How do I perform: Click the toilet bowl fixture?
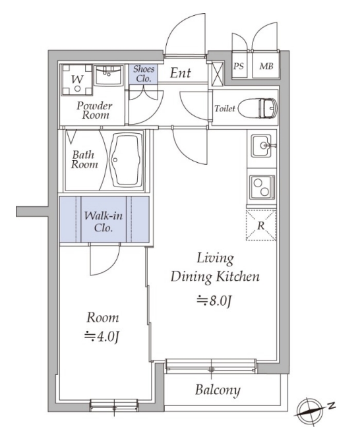pyautogui.click(x=257, y=108)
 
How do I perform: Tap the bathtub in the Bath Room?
pyautogui.click(x=126, y=160)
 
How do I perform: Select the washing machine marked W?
pyautogui.click(x=77, y=80)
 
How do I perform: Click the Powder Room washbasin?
pyautogui.click(x=108, y=75)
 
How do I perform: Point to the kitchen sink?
pyautogui.click(x=261, y=146)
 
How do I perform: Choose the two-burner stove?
pyautogui.click(x=262, y=187)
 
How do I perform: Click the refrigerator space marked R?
pyautogui.click(x=261, y=225)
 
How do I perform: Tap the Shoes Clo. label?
pyautogui.click(x=144, y=74)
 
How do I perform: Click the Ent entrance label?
pyautogui.click(x=181, y=73)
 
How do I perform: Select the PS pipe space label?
pyautogui.click(x=239, y=67)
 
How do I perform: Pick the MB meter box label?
pyautogui.click(x=266, y=67)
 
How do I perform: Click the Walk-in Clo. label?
pyautogui.click(x=104, y=221)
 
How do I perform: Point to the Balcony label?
pyautogui.click(x=218, y=390)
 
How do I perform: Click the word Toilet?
pyautogui.click(x=225, y=108)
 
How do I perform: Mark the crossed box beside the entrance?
pyautogui.click(x=218, y=74)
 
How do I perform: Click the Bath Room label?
pyautogui.click(x=84, y=160)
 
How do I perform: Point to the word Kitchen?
pyautogui.click(x=237, y=277)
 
